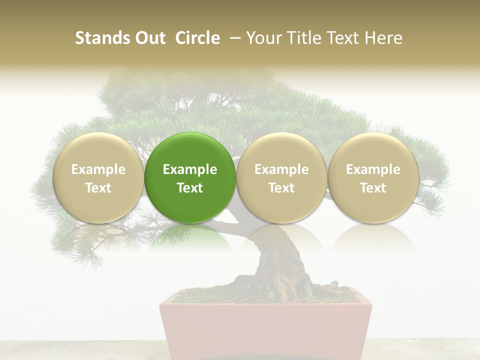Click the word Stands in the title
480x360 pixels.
click(101, 38)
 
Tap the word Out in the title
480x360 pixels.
click(148, 38)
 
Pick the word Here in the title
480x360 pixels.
click(383, 38)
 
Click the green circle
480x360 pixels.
click(190, 177)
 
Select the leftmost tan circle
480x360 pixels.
click(98, 177)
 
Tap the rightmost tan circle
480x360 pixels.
click(373, 177)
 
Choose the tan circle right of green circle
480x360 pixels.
click(281, 177)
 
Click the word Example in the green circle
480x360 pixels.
click(190, 169)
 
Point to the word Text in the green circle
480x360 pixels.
click(190, 188)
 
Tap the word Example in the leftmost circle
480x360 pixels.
click(98, 169)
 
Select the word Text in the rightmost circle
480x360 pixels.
click(373, 188)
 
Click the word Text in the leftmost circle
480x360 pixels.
click(98, 188)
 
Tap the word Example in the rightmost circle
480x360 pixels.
click(373, 169)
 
